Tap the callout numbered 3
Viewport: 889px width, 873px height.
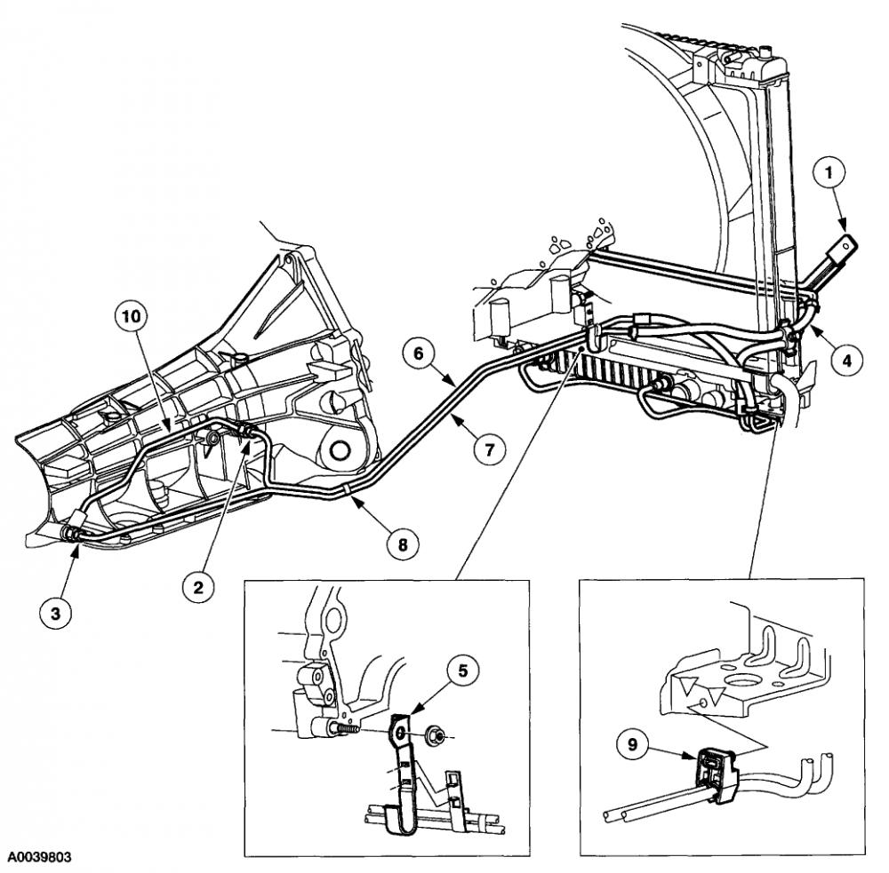(x=55, y=614)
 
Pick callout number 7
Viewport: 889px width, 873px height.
(x=487, y=449)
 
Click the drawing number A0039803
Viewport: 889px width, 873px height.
(x=39, y=859)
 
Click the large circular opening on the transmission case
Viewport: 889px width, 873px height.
(x=338, y=453)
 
